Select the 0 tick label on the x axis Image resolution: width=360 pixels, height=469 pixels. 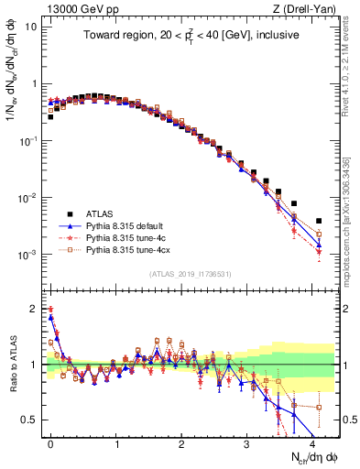point(51,442)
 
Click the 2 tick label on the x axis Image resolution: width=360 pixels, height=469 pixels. point(181,442)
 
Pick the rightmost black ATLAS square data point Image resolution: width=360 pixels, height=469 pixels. point(319,221)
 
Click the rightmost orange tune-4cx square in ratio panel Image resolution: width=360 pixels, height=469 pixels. point(319,408)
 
